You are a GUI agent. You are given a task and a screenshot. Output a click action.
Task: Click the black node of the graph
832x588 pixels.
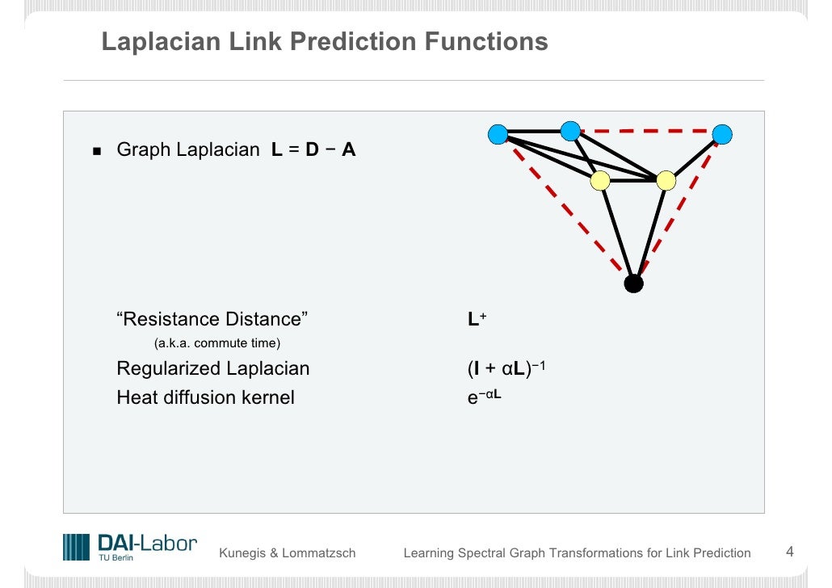pos(634,283)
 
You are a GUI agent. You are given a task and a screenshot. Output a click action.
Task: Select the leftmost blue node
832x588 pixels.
pos(498,134)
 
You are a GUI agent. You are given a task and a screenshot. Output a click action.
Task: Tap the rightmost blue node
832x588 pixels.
pos(722,134)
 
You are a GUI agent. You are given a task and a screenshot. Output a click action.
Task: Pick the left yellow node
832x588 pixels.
pos(599,181)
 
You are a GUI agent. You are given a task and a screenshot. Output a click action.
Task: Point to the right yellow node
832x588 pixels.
pos(666,181)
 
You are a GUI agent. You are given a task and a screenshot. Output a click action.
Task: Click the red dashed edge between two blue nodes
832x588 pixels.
pos(646,132)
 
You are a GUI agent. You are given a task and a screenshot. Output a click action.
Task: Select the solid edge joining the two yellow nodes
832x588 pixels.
pos(632,181)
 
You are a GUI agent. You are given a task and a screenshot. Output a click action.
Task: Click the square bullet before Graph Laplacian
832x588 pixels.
pos(98,151)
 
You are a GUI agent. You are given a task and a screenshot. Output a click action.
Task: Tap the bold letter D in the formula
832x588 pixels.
pos(312,149)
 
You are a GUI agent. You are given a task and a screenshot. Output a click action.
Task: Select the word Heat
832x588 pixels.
pos(137,397)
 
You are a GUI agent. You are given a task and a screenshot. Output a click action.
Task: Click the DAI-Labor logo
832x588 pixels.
pos(130,546)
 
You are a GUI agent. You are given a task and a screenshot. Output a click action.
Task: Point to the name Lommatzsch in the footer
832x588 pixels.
pos(319,553)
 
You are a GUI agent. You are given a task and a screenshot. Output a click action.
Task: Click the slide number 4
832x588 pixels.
pos(790,552)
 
